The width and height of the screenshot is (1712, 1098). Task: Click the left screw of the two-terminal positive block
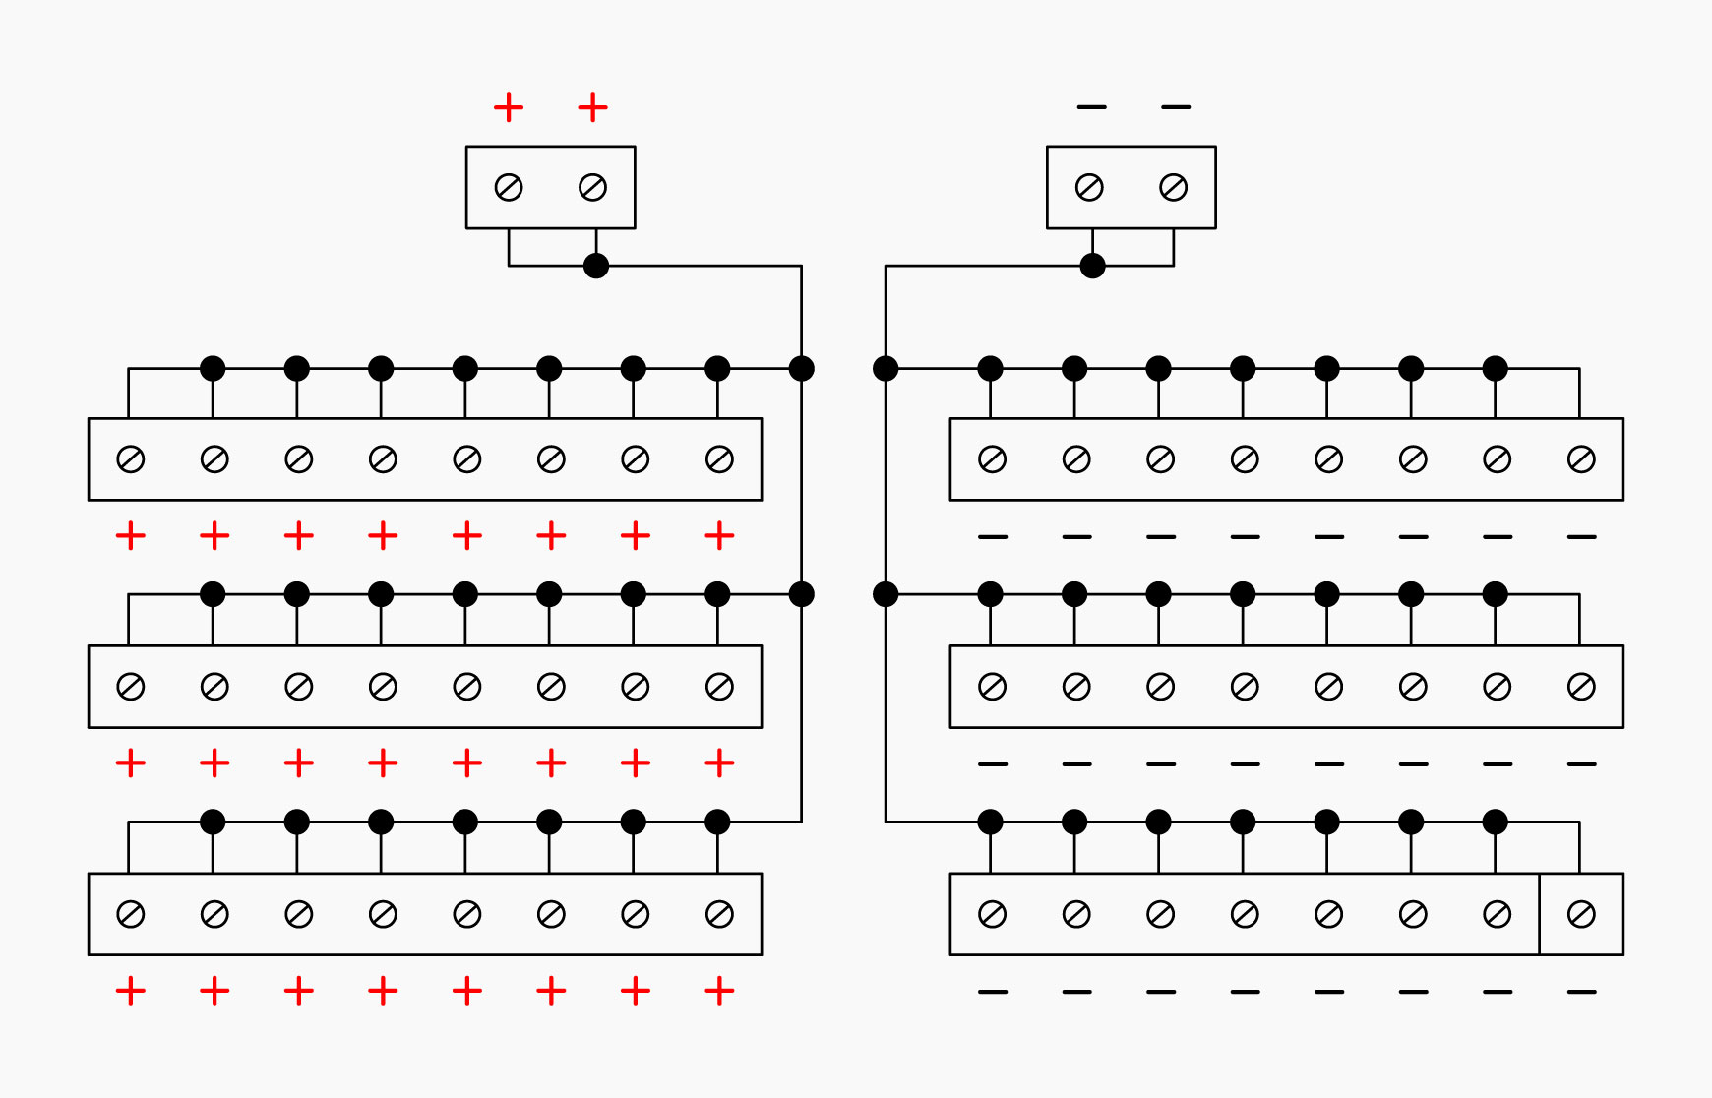(509, 187)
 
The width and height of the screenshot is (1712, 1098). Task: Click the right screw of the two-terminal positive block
(592, 187)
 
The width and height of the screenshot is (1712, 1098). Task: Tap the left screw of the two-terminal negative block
(1089, 187)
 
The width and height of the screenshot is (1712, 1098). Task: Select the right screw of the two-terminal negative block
(1173, 187)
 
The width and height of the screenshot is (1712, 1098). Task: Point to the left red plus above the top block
(509, 107)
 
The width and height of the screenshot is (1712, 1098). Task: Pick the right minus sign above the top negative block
(1176, 106)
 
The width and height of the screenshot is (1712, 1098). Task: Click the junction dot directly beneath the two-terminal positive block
(596, 266)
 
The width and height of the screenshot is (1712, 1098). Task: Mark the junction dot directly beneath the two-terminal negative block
(1092, 266)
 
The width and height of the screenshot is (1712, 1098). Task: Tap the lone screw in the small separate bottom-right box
(1581, 914)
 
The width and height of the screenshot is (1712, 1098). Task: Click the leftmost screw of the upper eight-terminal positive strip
(131, 459)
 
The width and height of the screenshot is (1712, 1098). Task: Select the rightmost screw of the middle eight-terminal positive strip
(719, 687)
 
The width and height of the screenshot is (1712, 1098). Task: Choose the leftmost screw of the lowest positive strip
(131, 914)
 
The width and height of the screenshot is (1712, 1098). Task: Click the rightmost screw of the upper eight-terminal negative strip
(1581, 459)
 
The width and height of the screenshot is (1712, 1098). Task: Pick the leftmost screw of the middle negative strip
(992, 687)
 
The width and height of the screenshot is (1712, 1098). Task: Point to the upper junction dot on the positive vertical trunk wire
(802, 369)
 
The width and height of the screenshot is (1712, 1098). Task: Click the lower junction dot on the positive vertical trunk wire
(802, 594)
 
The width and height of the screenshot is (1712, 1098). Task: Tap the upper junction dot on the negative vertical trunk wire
(886, 369)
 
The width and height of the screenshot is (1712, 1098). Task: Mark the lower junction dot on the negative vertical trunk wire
(886, 594)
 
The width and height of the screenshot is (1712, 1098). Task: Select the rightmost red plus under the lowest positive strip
(719, 991)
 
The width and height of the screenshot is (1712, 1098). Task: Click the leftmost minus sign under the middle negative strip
(993, 763)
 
